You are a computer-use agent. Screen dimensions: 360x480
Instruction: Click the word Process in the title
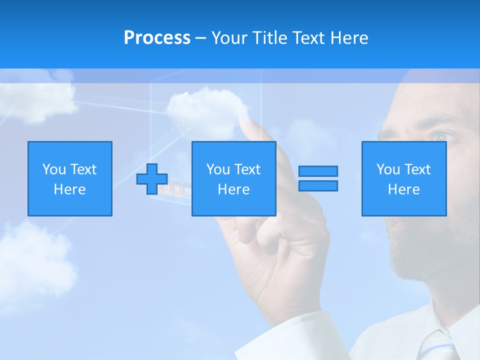(157, 37)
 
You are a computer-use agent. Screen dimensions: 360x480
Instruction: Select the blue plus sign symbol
(152, 179)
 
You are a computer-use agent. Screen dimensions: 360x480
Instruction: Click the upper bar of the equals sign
(318, 171)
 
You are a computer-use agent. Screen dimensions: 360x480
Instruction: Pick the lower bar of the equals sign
(318, 186)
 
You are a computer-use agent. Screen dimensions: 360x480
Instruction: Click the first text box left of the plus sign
(70, 178)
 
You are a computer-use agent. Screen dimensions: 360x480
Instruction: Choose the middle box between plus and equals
(233, 178)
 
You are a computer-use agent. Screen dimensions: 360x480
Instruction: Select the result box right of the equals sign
(403, 178)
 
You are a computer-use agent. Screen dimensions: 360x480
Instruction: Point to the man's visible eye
(443, 136)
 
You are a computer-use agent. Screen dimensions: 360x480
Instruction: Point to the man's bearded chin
(415, 260)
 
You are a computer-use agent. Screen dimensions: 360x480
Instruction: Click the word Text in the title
(309, 38)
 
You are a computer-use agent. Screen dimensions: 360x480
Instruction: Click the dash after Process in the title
(200, 38)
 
